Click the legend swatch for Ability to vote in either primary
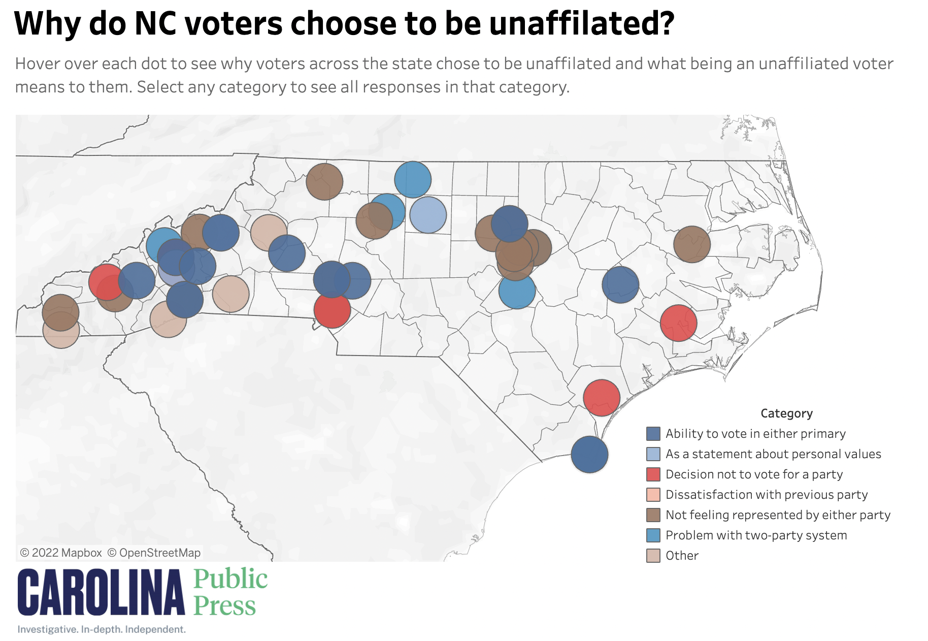[x=653, y=433]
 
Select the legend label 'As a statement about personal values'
[x=773, y=454]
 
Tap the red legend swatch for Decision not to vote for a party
[x=653, y=474]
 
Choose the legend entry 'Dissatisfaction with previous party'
[x=766, y=495]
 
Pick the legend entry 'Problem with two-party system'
[x=755, y=535]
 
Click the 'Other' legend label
[x=681, y=556]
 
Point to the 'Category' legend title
[x=786, y=413]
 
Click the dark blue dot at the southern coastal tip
[x=589, y=455]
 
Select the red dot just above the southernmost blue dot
[x=602, y=398]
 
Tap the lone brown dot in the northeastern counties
[x=691, y=244]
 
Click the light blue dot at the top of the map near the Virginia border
[x=413, y=179]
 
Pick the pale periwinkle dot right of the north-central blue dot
[x=428, y=215]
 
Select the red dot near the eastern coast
[x=678, y=323]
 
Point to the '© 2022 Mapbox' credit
[x=60, y=553]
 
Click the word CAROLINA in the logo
[x=101, y=592]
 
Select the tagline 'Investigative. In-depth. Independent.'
[x=102, y=629]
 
